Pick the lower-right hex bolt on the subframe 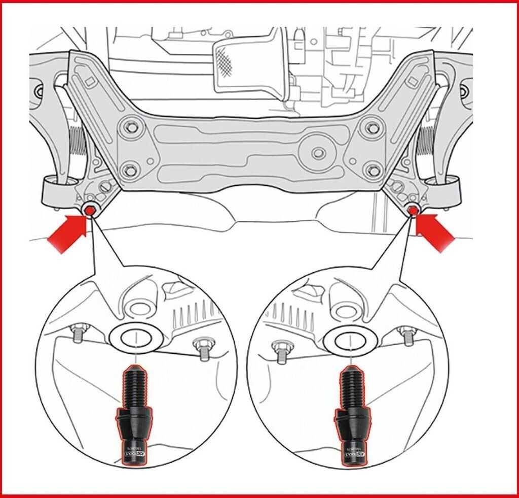click(x=372, y=169)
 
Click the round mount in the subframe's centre click(x=318, y=153)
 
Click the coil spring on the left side click(x=76, y=147)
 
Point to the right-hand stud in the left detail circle click(x=201, y=350)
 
